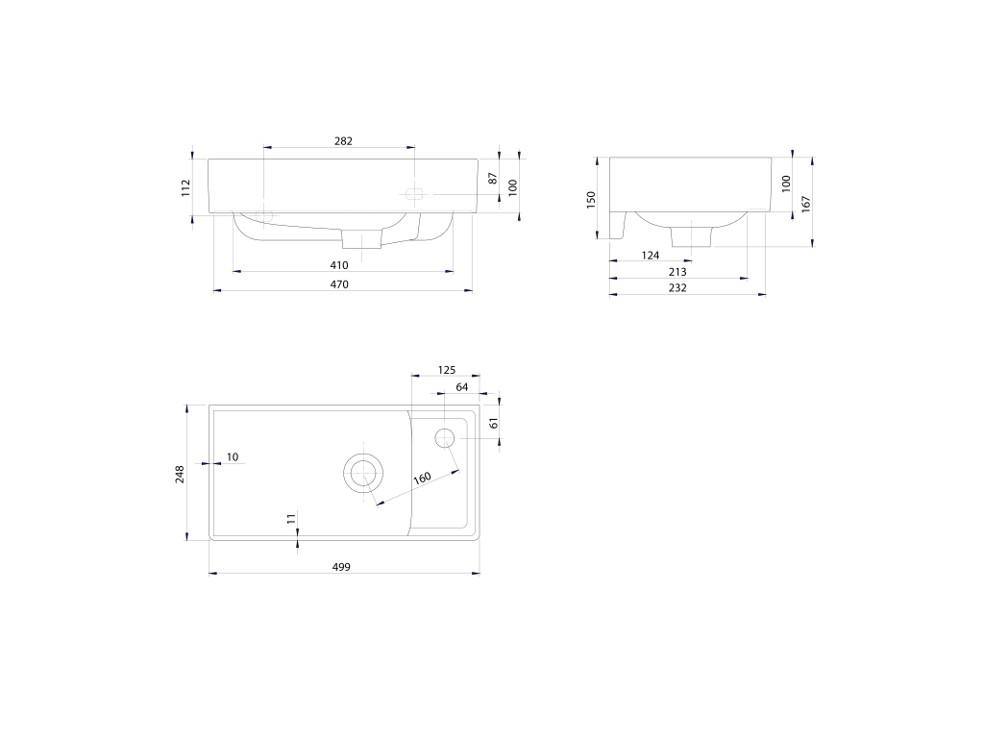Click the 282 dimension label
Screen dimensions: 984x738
tap(343, 141)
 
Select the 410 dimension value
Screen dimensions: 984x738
tap(339, 265)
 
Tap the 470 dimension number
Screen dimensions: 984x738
tap(339, 284)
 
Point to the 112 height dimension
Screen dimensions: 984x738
tap(185, 187)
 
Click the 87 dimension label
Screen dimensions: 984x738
tap(493, 179)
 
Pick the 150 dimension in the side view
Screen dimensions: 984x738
tap(591, 200)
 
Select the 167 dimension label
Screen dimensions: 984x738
tap(806, 204)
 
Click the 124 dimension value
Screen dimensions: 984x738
tap(651, 256)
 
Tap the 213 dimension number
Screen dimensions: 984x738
tap(677, 272)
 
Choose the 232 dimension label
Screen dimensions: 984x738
tap(677, 288)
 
